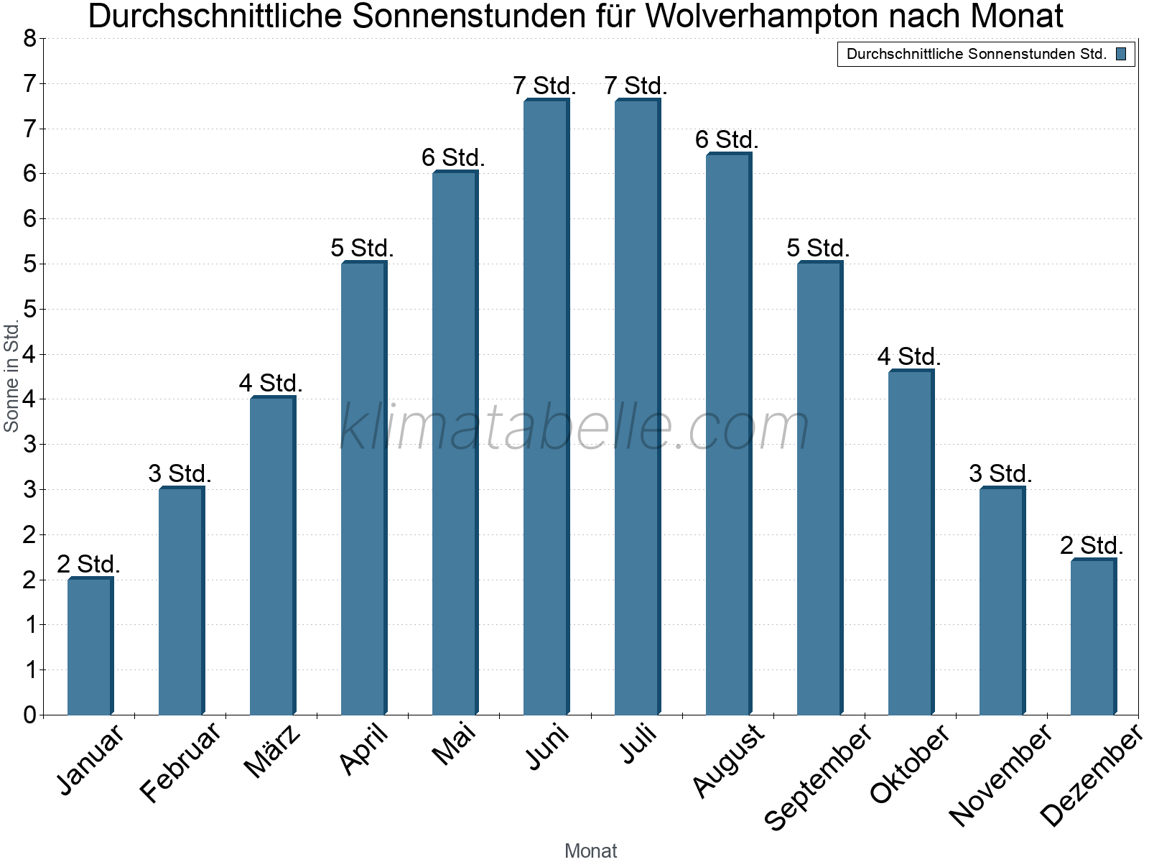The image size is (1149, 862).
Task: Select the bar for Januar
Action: [x=90, y=646]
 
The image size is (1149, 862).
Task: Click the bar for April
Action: [x=363, y=488]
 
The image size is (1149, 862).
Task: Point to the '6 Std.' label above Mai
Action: [x=453, y=157]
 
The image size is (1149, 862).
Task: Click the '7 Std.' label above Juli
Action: [x=636, y=86]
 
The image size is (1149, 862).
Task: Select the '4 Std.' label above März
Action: [x=271, y=383]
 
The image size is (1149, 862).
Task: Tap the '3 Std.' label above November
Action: [x=1000, y=474]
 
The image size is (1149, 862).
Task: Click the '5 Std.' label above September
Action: [x=818, y=249]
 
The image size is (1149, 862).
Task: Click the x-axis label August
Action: [x=728, y=760]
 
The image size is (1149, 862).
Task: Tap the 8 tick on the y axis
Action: [x=29, y=39]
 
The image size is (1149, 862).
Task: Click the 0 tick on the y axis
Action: [x=29, y=715]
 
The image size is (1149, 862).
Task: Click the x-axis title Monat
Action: [x=590, y=851]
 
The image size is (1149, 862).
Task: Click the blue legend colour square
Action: [x=1121, y=54]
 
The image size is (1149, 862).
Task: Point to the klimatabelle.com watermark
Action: [x=574, y=427]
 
